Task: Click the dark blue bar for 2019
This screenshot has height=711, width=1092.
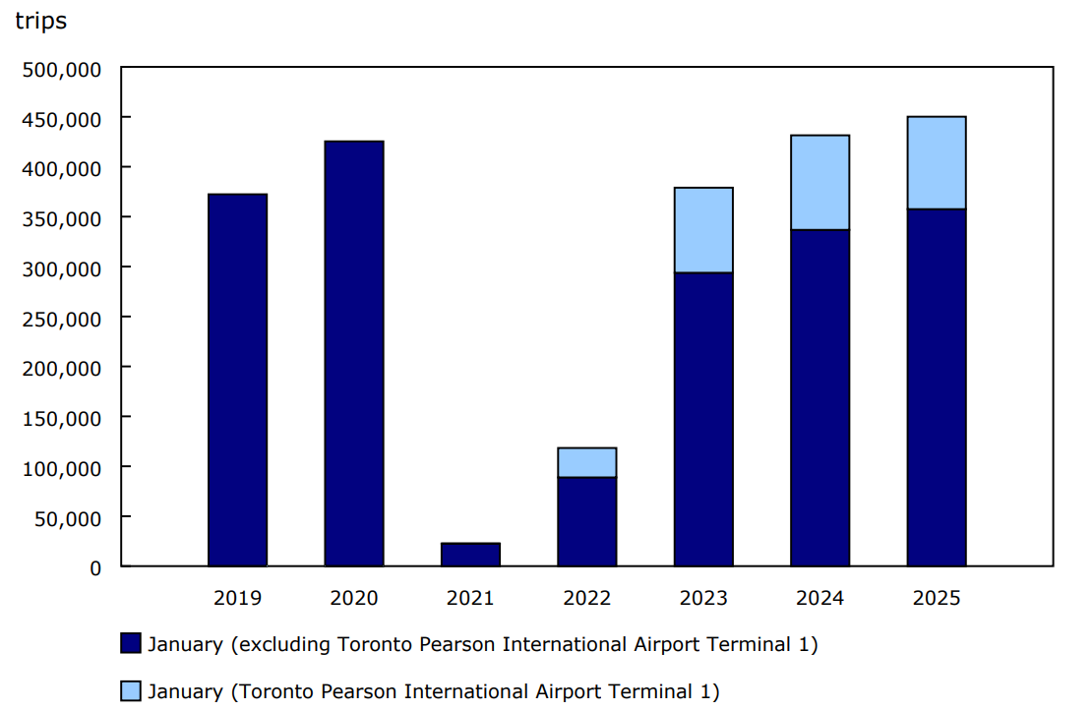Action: click(237, 380)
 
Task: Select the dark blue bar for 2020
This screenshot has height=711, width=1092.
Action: click(354, 353)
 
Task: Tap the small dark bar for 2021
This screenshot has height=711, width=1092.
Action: click(470, 555)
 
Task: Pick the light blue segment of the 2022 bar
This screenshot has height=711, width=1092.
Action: click(587, 462)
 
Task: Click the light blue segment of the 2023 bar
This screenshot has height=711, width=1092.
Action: click(703, 230)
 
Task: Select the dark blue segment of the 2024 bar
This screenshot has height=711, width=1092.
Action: click(820, 398)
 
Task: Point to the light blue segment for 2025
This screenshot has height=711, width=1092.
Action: click(937, 163)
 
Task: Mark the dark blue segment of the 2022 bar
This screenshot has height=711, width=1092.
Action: click(587, 522)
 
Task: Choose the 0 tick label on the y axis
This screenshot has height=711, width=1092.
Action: click(94, 567)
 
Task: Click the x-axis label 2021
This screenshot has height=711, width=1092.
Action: click(470, 598)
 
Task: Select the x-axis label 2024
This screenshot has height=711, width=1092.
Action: click(820, 598)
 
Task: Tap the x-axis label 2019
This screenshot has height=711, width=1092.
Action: click(237, 598)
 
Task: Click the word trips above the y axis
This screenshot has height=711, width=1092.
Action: click(40, 21)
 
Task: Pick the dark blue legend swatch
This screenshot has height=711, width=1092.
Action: click(131, 644)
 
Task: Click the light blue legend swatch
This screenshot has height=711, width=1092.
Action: click(131, 691)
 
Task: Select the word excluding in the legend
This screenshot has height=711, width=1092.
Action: click(285, 644)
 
